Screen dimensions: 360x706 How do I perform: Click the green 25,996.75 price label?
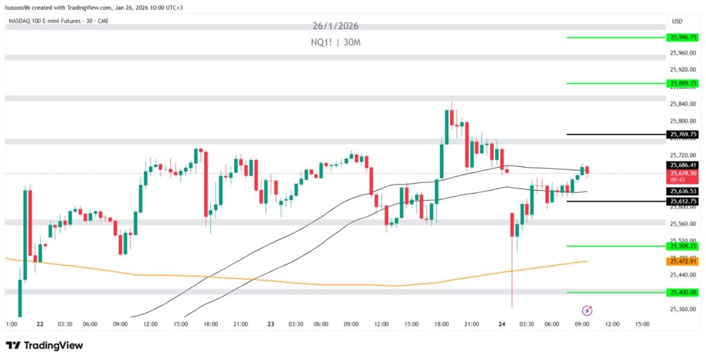pyautogui.click(x=683, y=37)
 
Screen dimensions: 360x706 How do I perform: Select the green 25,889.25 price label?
pyautogui.click(x=683, y=83)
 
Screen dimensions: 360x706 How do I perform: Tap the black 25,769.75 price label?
pyautogui.click(x=683, y=134)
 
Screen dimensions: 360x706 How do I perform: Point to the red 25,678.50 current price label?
pyautogui.click(x=683, y=173)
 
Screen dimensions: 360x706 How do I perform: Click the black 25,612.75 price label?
pyautogui.click(x=683, y=201)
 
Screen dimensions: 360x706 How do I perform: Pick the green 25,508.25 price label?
pyautogui.click(x=683, y=246)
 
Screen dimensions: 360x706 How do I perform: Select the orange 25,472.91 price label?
pyautogui.click(x=683, y=261)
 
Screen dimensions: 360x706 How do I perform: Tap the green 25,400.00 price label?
pyautogui.click(x=683, y=292)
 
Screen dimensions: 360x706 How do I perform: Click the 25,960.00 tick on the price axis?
pyautogui.click(x=683, y=53)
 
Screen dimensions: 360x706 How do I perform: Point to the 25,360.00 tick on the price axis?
pyautogui.click(x=683, y=309)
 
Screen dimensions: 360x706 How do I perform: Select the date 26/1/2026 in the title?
pyautogui.click(x=336, y=26)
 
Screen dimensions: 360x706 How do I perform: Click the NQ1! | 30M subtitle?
pyautogui.click(x=336, y=43)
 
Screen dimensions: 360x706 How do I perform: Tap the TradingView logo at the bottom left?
pyautogui.click(x=44, y=345)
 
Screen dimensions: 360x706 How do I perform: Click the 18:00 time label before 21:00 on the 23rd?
pyautogui.click(x=441, y=323)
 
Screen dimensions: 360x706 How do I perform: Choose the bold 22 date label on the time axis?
pyautogui.click(x=41, y=323)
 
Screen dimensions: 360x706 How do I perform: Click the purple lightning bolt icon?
pyautogui.click(x=587, y=310)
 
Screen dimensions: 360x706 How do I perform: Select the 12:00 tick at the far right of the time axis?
pyautogui.click(x=612, y=323)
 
